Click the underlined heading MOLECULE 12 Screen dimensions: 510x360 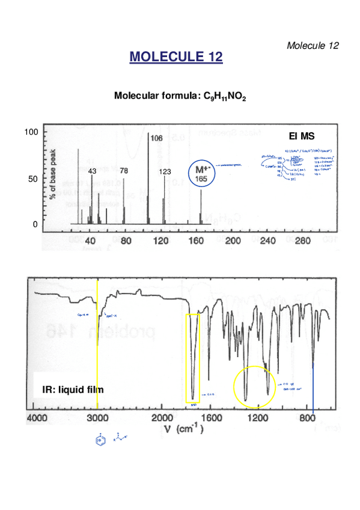(176, 57)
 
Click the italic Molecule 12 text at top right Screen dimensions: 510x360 (313, 46)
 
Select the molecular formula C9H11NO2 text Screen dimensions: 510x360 (180, 96)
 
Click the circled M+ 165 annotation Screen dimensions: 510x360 (201, 174)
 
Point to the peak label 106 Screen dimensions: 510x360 (156, 138)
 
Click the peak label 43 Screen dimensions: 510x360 (92, 171)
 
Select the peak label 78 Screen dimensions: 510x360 (124, 171)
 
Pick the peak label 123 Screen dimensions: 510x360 (165, 172)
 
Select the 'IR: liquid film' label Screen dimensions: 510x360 (73, 390)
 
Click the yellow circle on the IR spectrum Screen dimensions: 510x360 (254, 388)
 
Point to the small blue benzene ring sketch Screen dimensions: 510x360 (99, 442)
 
